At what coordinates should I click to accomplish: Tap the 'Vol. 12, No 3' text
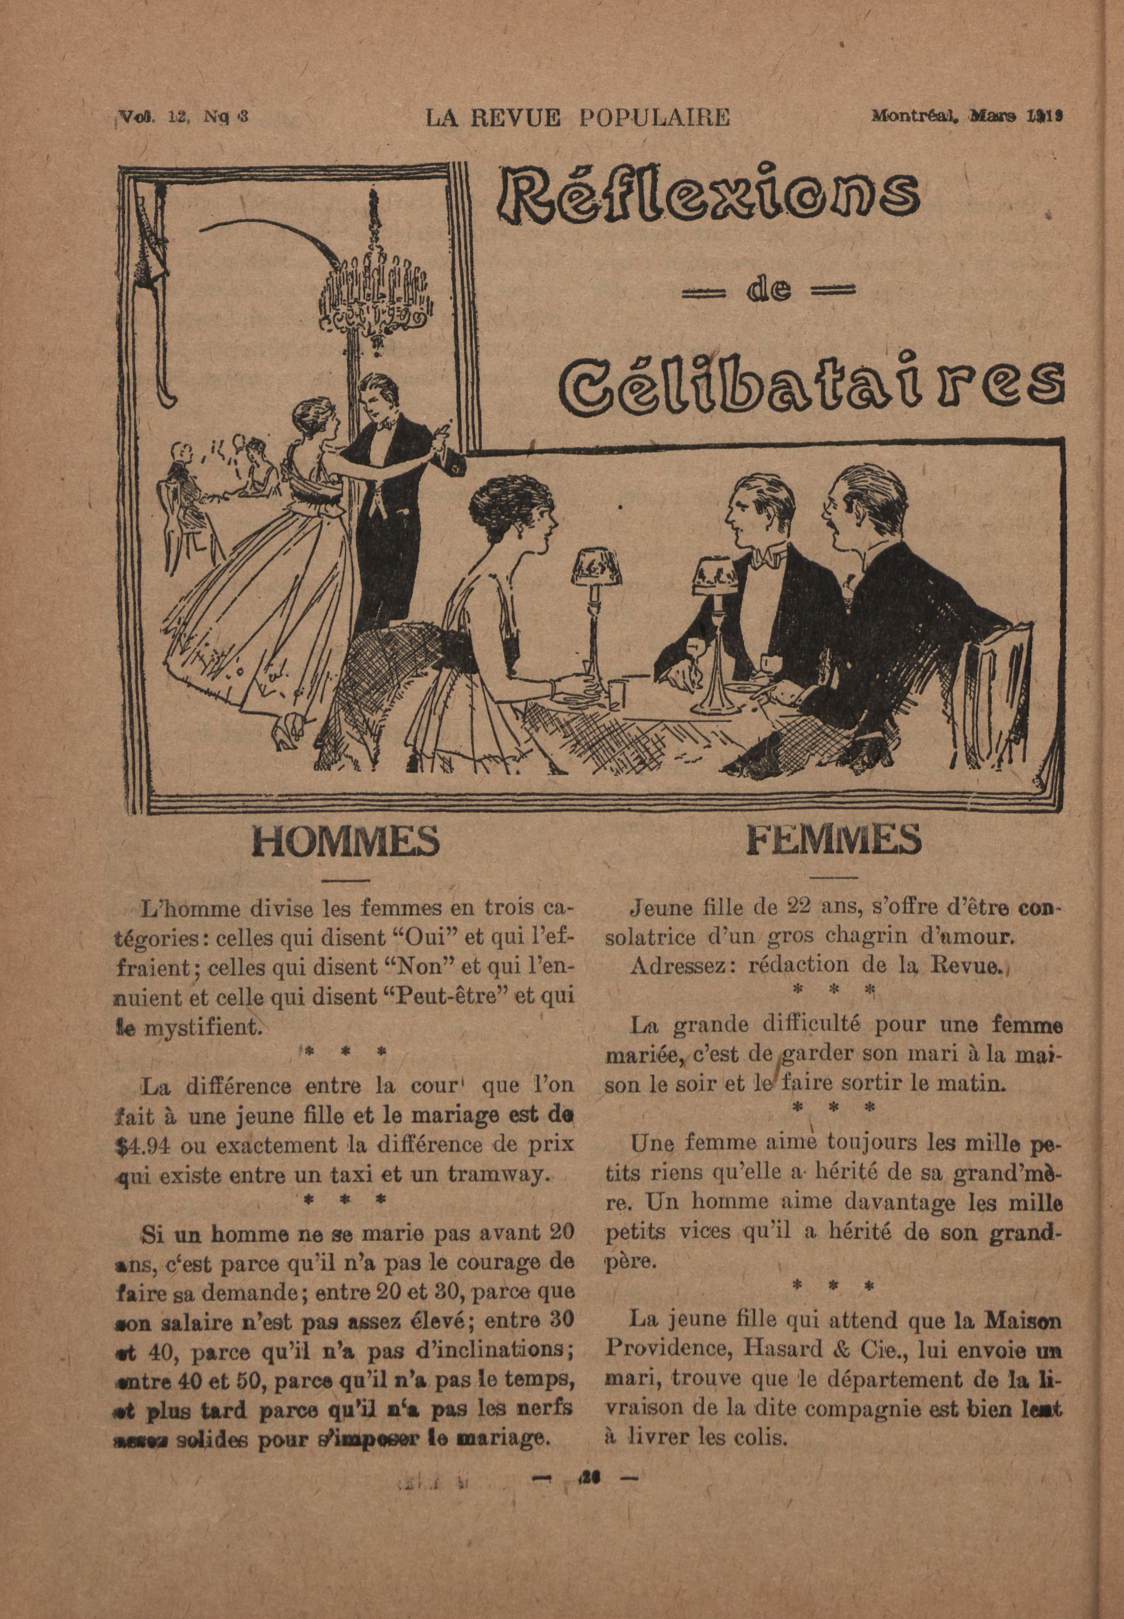181,117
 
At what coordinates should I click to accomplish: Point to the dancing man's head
375,396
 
